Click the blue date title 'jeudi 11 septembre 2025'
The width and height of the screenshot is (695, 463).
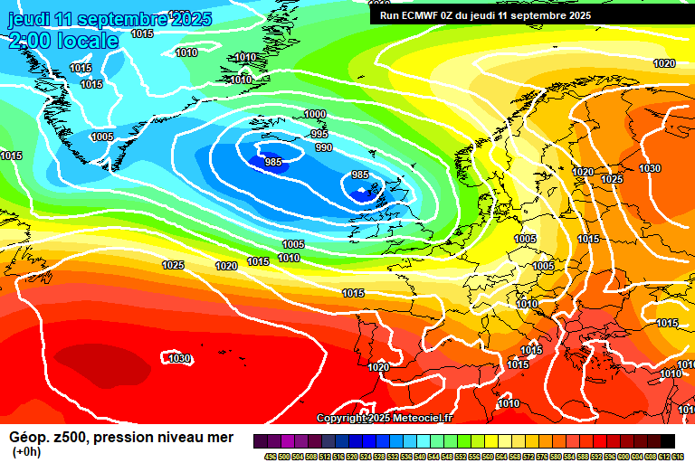coord(109,19)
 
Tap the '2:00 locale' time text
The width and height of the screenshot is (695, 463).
coord(64,41)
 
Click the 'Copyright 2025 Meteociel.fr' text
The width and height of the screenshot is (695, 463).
coord(385,418)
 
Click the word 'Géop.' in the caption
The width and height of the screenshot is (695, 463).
coord(30,438)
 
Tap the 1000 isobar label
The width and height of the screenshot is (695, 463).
coord(315,114)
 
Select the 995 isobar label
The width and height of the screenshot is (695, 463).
coord(319,134)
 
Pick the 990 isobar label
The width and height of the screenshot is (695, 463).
coord(323,147)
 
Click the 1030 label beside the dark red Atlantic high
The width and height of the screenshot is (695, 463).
coord(179,359)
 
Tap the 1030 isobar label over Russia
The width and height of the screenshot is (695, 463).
coord(650,168)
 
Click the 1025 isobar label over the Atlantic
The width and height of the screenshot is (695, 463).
coord(173,265)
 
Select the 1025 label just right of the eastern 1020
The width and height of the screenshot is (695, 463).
coord(613,179)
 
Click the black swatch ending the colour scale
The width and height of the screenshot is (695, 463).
coord(667,441)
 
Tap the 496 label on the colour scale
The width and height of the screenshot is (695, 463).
coord(270,456)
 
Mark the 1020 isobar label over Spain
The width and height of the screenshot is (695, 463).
coord(378,367)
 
